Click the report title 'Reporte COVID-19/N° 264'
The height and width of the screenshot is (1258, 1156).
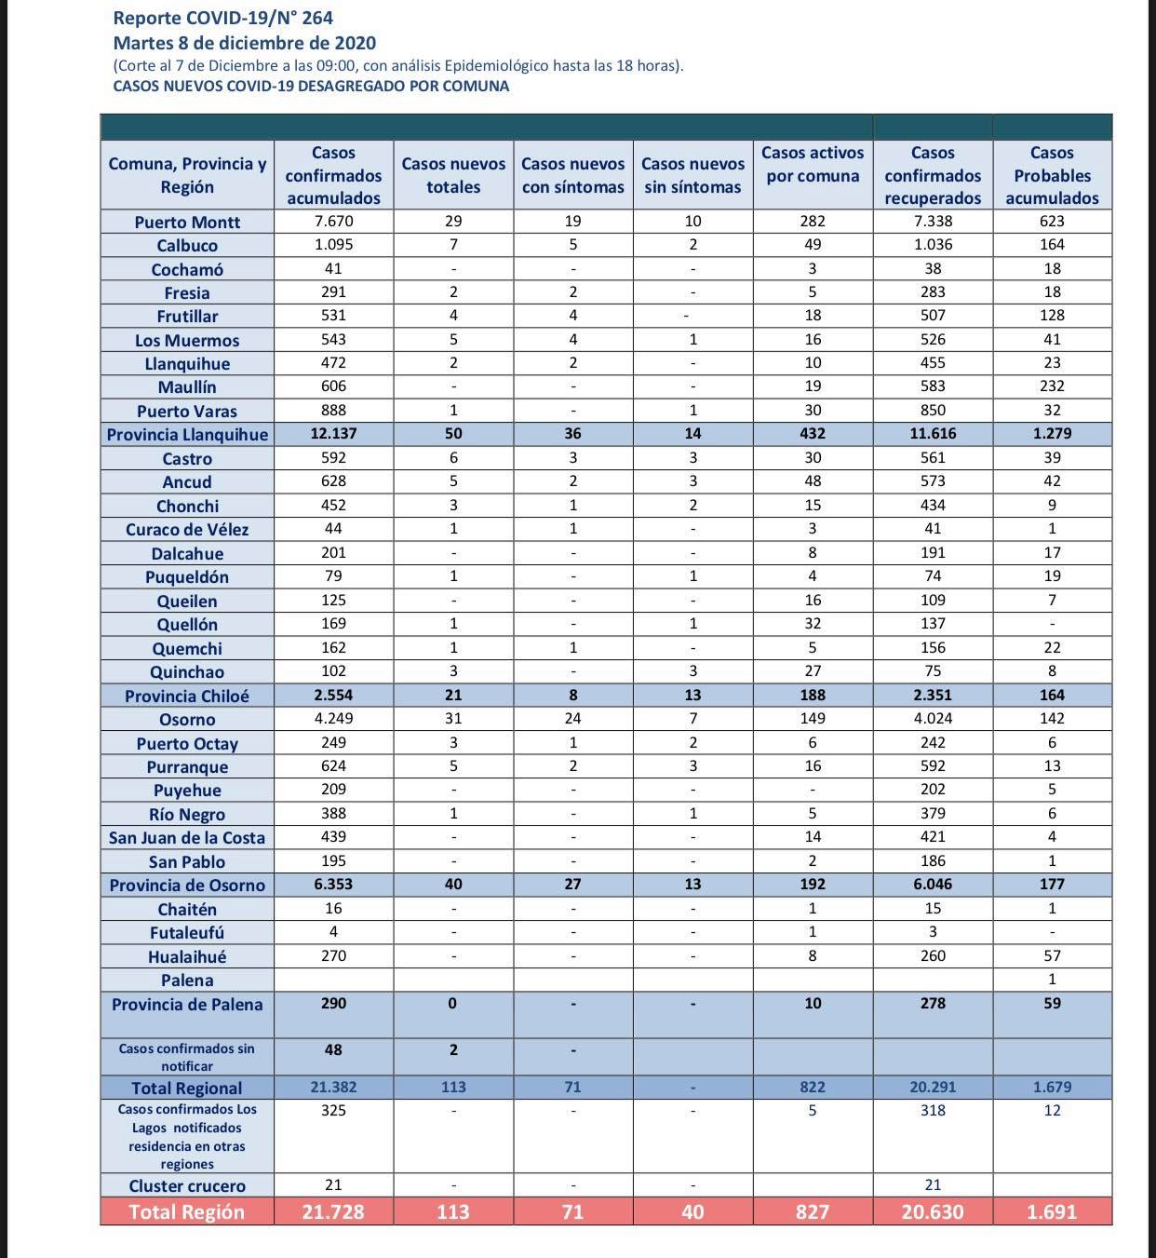coord(222,18)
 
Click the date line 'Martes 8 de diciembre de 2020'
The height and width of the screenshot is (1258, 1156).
coord(245,43)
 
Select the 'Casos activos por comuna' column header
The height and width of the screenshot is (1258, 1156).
coord(813,165)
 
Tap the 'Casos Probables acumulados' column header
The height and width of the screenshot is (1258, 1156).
coord(1052,175)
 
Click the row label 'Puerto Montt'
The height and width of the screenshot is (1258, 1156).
coord(187,223)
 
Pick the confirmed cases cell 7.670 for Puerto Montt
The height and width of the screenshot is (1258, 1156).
coord(333,222)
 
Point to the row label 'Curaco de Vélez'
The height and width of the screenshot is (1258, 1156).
coord(187,530)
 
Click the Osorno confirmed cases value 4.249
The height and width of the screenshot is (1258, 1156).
coord(333,719)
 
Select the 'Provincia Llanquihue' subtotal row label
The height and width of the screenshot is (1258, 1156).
coord(187,435)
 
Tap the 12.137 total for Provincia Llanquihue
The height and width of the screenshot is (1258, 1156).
coord(333,434)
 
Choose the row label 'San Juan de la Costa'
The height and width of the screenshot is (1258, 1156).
coord(187,838)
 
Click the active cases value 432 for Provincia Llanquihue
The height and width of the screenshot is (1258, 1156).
coord(813,434)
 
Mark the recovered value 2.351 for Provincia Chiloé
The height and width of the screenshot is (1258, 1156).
coord(933,695)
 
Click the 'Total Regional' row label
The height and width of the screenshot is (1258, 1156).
coord(187,1088)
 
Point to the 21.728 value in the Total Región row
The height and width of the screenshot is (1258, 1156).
coord(333,1211)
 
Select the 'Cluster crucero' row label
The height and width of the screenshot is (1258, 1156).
coord(187,1186)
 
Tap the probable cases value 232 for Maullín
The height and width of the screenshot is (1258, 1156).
coord(1052,386)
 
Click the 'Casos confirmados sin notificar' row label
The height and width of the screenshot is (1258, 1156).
coord(187,1057)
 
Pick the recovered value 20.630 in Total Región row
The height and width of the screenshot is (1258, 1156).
coord(933,1211)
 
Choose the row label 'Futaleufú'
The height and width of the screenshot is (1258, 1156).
coord(187,933)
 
